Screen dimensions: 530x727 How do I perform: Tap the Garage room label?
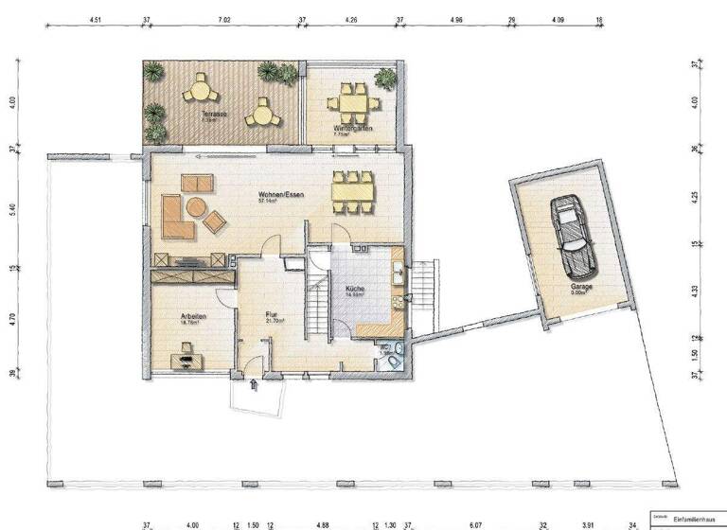tap(581, 285)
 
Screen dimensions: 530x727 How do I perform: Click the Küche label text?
tap(357, 289)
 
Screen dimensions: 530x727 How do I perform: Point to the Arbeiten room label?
tap(194, 317)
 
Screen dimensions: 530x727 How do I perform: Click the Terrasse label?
tap(213, 115)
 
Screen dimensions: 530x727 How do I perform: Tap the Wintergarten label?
tap(352, 128)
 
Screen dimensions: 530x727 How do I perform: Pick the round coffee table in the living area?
tap(196, 206)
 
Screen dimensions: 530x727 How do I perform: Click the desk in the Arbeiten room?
tap(184, 359)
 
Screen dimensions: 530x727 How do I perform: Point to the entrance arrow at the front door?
tap(253, 384)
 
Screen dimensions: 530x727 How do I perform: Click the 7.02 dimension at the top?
tap(224, 18)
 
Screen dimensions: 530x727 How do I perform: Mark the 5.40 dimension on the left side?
tap(13, 210)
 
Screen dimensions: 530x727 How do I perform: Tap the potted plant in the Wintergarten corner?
tap(384, 77)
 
